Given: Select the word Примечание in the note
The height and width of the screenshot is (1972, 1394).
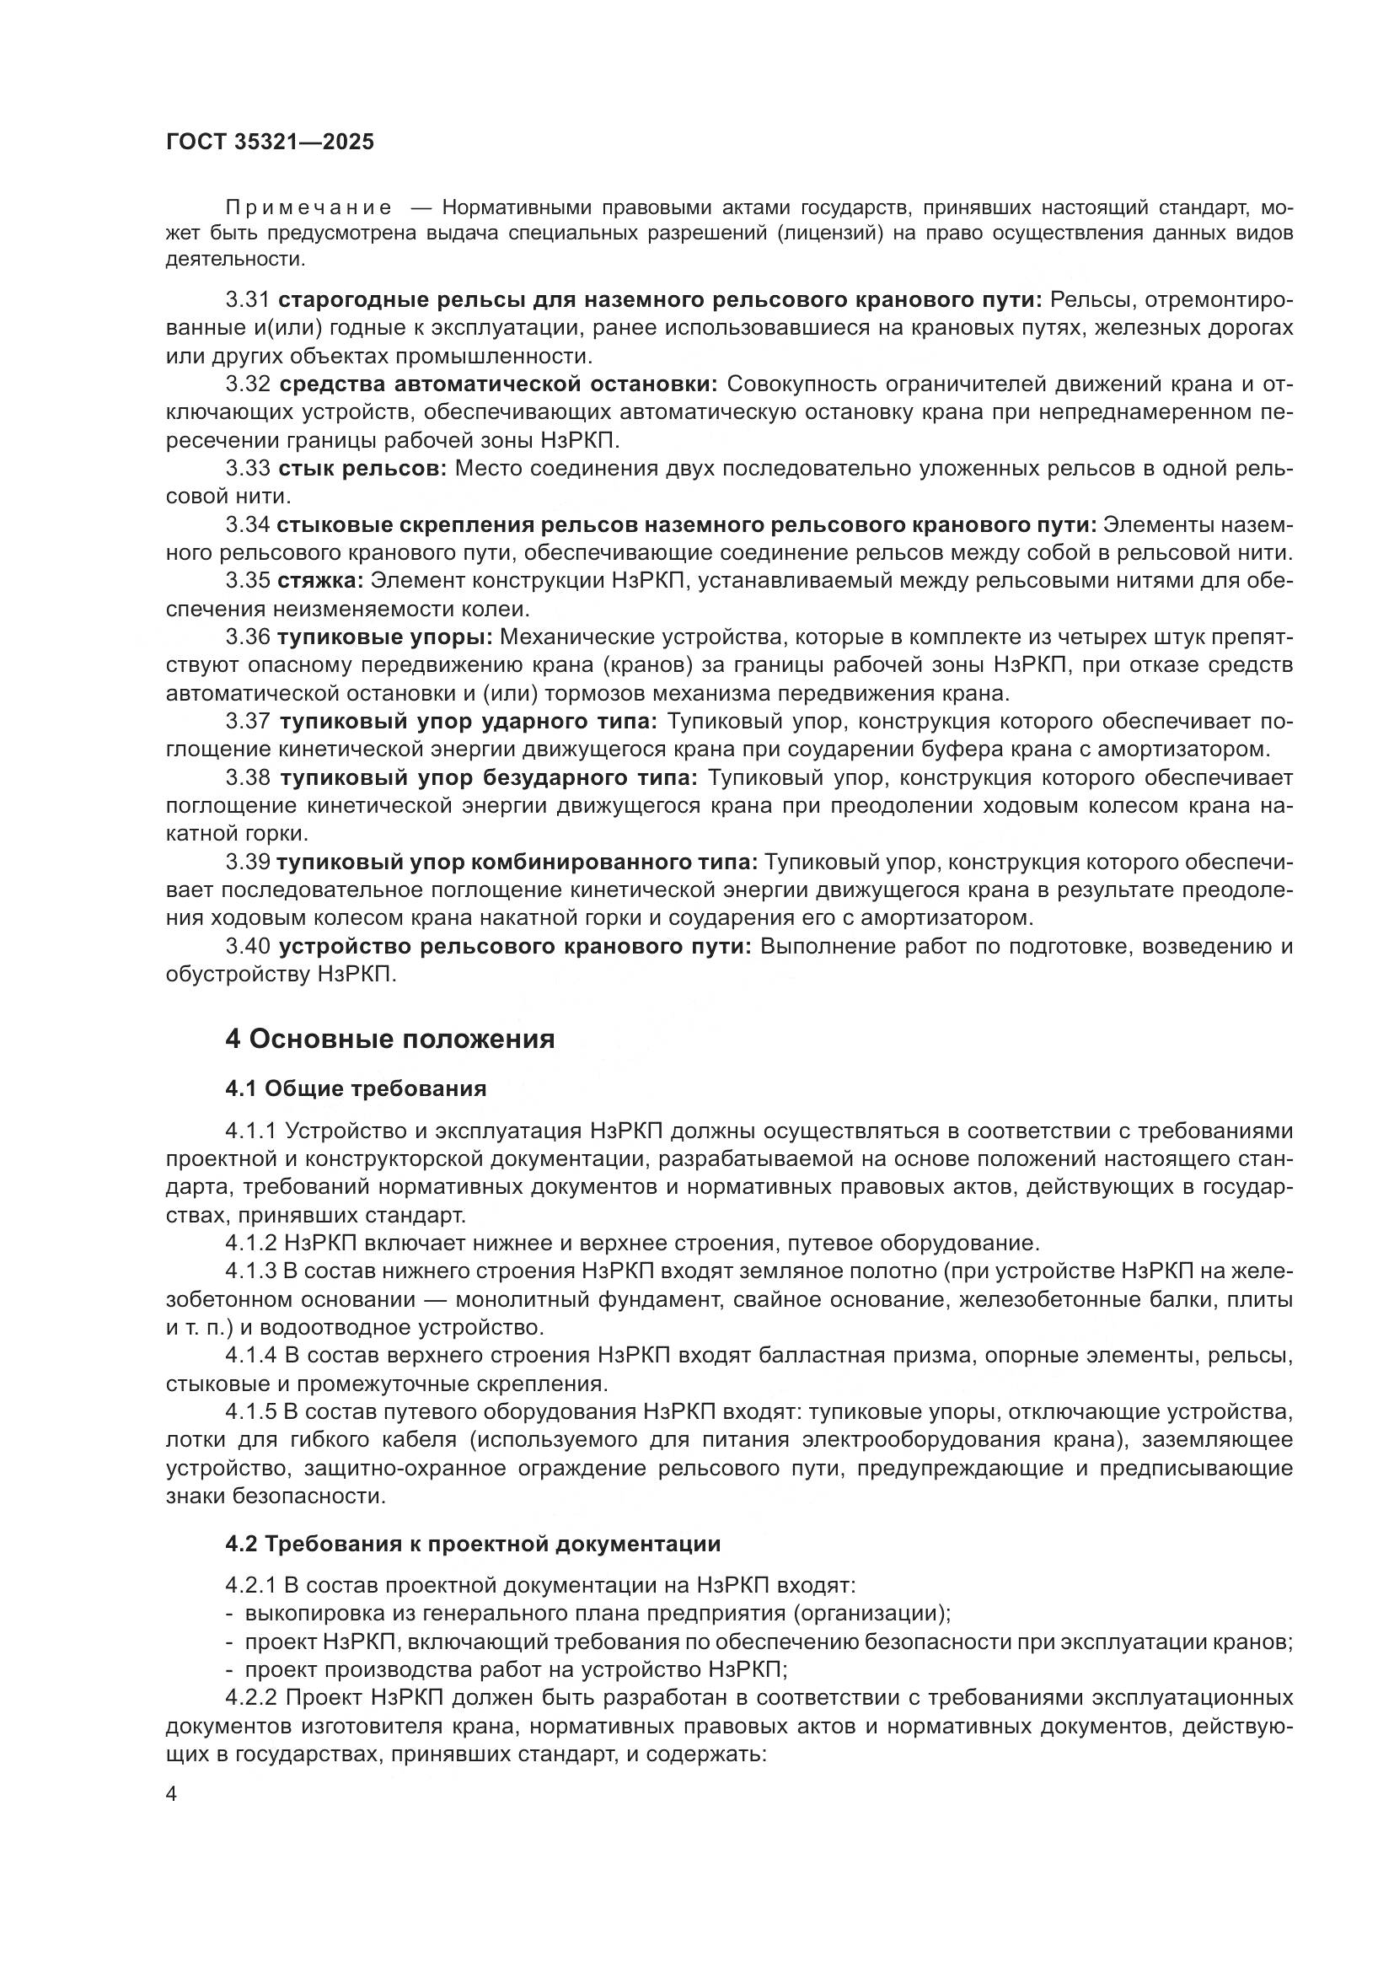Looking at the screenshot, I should coord(309,208).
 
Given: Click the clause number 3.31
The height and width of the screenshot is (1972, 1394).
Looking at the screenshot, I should coord(248,300).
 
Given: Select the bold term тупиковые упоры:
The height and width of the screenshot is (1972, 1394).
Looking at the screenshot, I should coord(384,637).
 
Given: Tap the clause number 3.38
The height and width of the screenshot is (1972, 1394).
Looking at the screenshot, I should coord(248,778).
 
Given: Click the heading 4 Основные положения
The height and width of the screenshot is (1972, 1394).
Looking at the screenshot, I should coord(389,1040).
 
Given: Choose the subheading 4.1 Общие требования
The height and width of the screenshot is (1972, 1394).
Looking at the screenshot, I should coord(356,1089).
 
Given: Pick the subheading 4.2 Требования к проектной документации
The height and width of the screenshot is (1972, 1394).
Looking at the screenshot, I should coord(473,1544).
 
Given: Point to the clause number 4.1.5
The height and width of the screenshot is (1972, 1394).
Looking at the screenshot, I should coord(250,1412).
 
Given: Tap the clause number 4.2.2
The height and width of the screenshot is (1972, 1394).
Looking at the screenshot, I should coord(251,1698).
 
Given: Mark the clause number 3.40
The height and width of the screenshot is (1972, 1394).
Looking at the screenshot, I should coord(248,947).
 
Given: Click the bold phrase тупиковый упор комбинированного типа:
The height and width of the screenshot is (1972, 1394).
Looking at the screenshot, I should coord(517,862).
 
